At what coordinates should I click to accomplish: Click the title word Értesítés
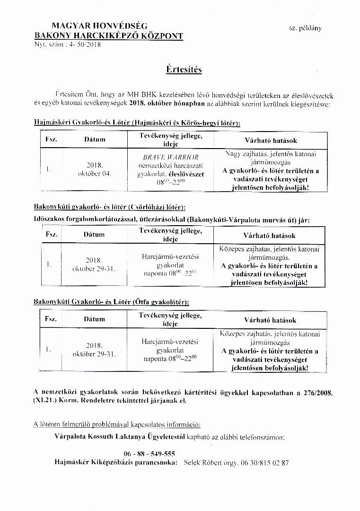click(184, 70)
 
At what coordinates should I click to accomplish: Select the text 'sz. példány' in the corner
click(305, 28)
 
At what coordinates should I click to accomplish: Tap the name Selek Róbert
click(204, 463)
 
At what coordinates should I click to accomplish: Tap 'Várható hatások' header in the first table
click(271, 141)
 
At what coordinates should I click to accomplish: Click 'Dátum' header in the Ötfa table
click(94, 319)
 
